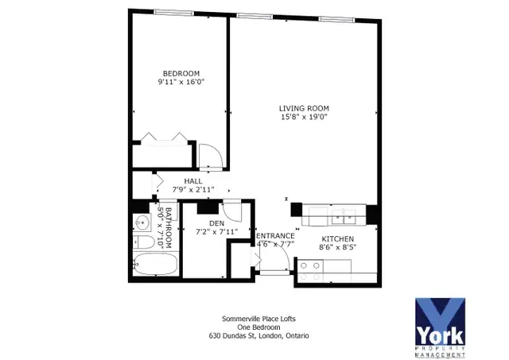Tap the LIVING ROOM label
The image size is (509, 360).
pyautogui.click(x=303, y=108)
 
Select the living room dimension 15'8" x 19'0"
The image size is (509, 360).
pyautogui.click(x=303, y=117)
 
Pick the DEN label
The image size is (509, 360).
pyautogui.click(x=216, y=223)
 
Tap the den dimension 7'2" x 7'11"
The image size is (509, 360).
pyautogui.click(x=216, y=232)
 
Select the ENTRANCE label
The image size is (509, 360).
pyautogui.click(x=275, y=236)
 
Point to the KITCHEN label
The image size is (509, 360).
pyautogui.click(x=337, y=239)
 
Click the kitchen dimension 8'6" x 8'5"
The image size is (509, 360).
pyautogui.click(x=337, y=248)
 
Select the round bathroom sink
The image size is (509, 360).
pyautogui.click(x=140, y=222)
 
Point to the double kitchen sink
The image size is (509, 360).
pyautogui.click(x=344, y=212)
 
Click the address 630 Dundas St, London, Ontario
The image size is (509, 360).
pyautogui.click(x=253, y=335)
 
